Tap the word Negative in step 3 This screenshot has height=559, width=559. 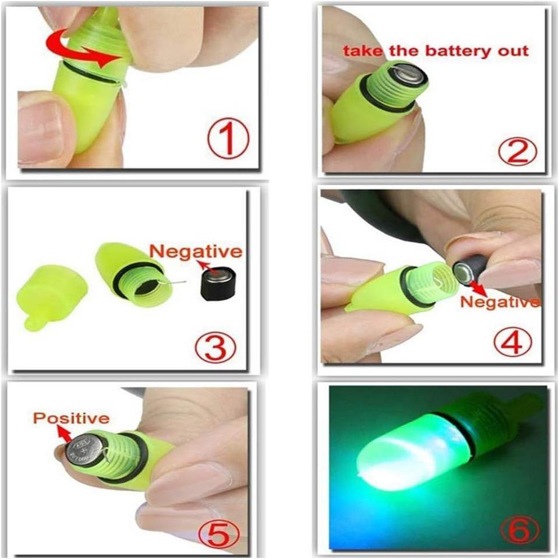(196, 252)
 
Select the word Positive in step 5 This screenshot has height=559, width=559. (71, 419)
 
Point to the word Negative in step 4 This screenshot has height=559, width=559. (500, 302)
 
